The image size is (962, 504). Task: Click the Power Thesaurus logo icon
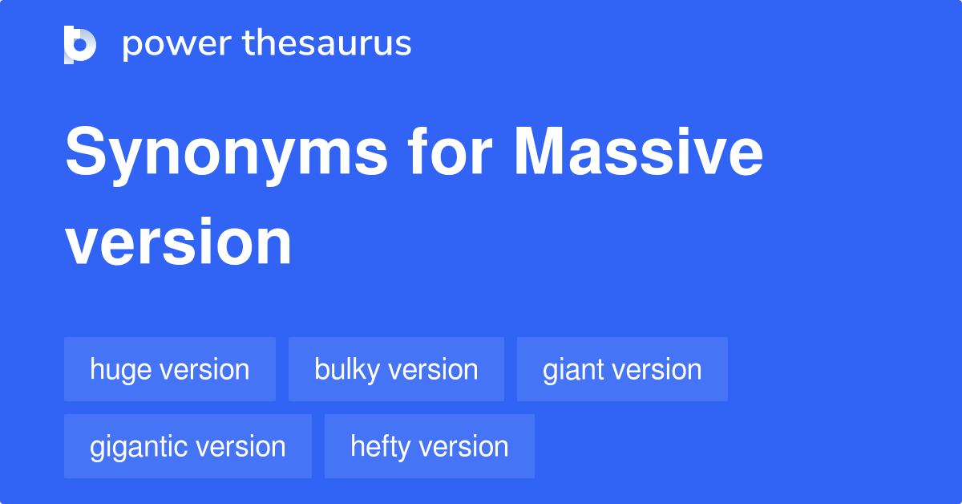tap(80, 44)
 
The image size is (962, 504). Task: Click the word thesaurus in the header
tap(327, 44)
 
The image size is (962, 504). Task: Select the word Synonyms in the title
tap(224, 154)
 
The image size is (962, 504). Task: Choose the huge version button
tap(170, 369)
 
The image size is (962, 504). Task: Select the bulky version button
tap(396, 369)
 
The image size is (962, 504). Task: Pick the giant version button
tap(622, 369)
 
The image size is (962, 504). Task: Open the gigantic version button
tap(188, 446)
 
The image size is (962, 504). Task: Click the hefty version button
tap(430, 446)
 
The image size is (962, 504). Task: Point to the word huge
tap(121, 370)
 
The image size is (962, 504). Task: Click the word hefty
tap(379, 447)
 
